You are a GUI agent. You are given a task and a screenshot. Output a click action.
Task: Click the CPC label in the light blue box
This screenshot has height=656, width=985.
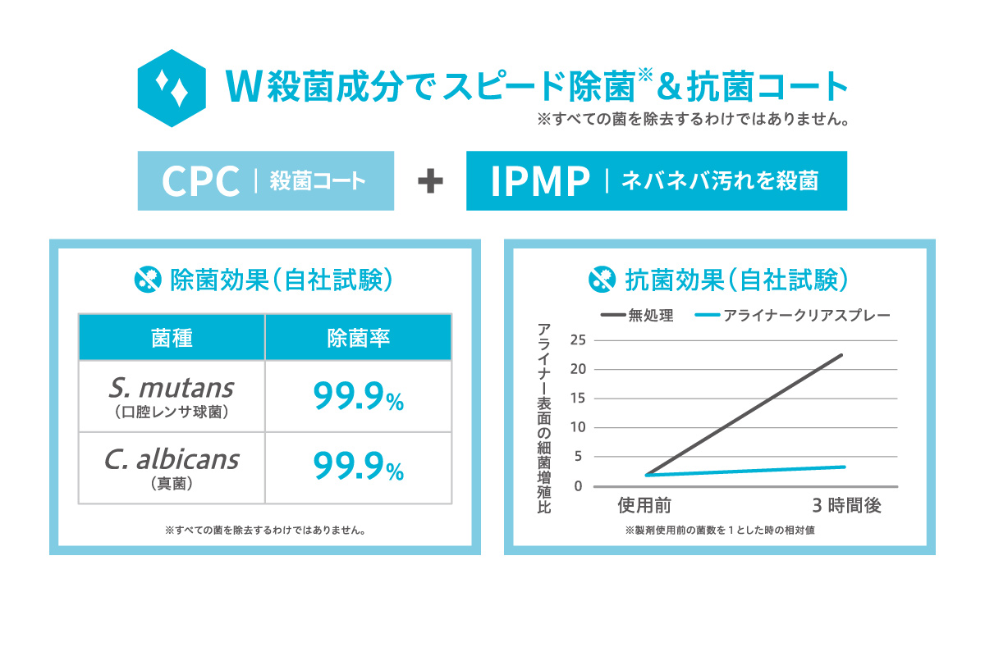point(201,182)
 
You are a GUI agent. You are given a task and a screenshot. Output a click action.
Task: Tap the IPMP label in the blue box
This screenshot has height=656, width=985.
point(541,182)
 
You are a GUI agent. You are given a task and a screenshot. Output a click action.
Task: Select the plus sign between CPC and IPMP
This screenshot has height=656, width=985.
point(430,182)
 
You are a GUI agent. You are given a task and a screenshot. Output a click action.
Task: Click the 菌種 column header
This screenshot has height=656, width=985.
point(172,337)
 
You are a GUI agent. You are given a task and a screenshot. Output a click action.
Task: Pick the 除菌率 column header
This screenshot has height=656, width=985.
point(358,337)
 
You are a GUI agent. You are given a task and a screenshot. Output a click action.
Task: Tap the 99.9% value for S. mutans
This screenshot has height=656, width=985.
point(358,397)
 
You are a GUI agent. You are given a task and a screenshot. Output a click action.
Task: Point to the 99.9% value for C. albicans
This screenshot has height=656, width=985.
point(358,467)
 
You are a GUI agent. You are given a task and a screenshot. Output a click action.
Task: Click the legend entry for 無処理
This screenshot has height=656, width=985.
point(637,316)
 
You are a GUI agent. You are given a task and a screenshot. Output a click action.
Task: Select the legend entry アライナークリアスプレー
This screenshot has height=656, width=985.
point(792,316)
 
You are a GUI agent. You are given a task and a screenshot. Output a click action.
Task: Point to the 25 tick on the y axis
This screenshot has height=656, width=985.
point(580,339)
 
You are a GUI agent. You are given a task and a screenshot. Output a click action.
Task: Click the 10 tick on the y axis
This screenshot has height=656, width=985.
point(580,427)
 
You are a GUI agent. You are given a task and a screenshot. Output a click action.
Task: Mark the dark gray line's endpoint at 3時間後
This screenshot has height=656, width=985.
point(841,355)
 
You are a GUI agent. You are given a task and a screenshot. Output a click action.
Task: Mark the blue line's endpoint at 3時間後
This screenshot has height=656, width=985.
point(844,467)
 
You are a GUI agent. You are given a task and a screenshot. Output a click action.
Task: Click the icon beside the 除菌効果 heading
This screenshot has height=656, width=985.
point(146,280)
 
